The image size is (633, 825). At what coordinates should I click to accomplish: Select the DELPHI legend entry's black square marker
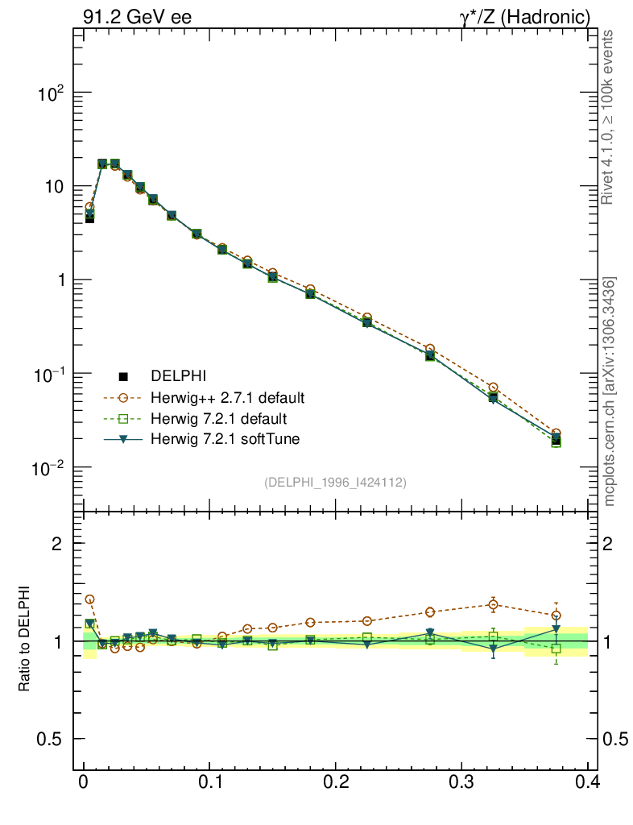pos(124,376)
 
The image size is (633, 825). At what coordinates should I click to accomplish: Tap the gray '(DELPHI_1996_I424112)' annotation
pos(335,483)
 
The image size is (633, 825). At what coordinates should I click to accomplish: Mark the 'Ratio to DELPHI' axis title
pos(25,636)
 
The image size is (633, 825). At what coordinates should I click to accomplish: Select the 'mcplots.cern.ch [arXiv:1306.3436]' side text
pos(610,392)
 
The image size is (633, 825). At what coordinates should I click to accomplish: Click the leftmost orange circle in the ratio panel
pos(89,599)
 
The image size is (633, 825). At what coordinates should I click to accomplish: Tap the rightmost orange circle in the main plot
pos(556,433)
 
